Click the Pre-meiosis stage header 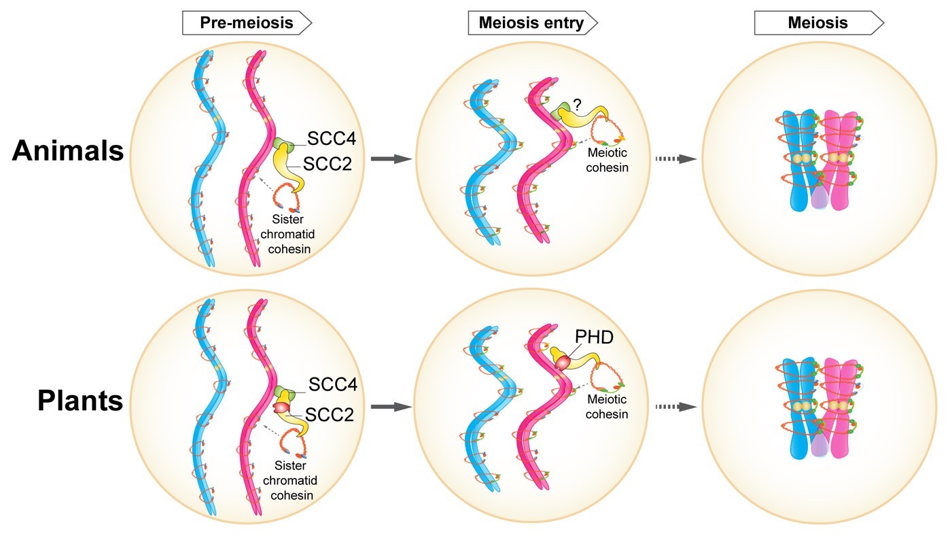[247, 23]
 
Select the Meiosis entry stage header [531, 23]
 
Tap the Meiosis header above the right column [817, 23]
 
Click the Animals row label [68, 151]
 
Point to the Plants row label [80, 401]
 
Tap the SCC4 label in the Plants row [333, 384]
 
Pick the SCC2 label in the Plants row [330, 414]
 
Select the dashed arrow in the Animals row [676, 158]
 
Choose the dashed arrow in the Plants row [676, 407]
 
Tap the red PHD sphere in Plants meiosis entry [563, 364]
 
